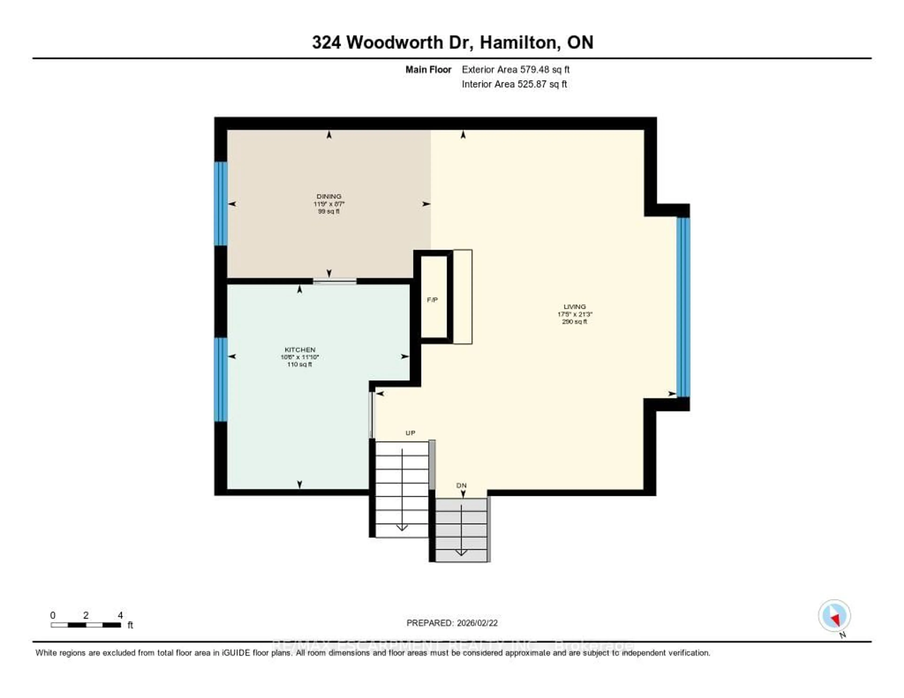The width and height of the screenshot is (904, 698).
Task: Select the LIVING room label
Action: [574, 307]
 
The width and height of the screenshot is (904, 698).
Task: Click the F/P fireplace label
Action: [432, 300]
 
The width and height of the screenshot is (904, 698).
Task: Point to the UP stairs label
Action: [410, 433]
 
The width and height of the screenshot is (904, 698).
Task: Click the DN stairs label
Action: [461, 485]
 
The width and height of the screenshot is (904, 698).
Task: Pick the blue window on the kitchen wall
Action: [221, 379]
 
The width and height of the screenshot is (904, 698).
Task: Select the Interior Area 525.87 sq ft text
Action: [514, 84]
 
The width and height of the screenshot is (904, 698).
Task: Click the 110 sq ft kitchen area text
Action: [299, 365]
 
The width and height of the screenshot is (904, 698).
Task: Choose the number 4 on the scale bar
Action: [120, 615]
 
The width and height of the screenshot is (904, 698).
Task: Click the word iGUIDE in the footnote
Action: [235, 653]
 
